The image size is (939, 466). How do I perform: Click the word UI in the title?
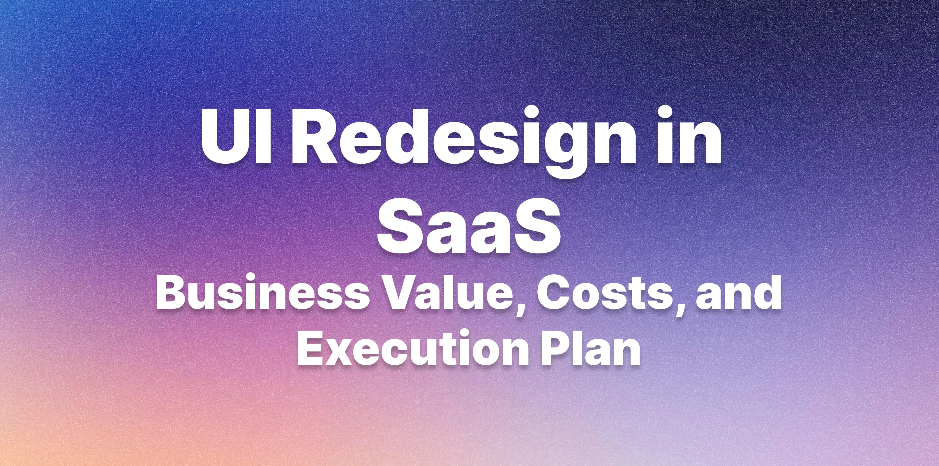[x=236, y=136]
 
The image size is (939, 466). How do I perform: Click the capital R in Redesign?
[x=316, y=137]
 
